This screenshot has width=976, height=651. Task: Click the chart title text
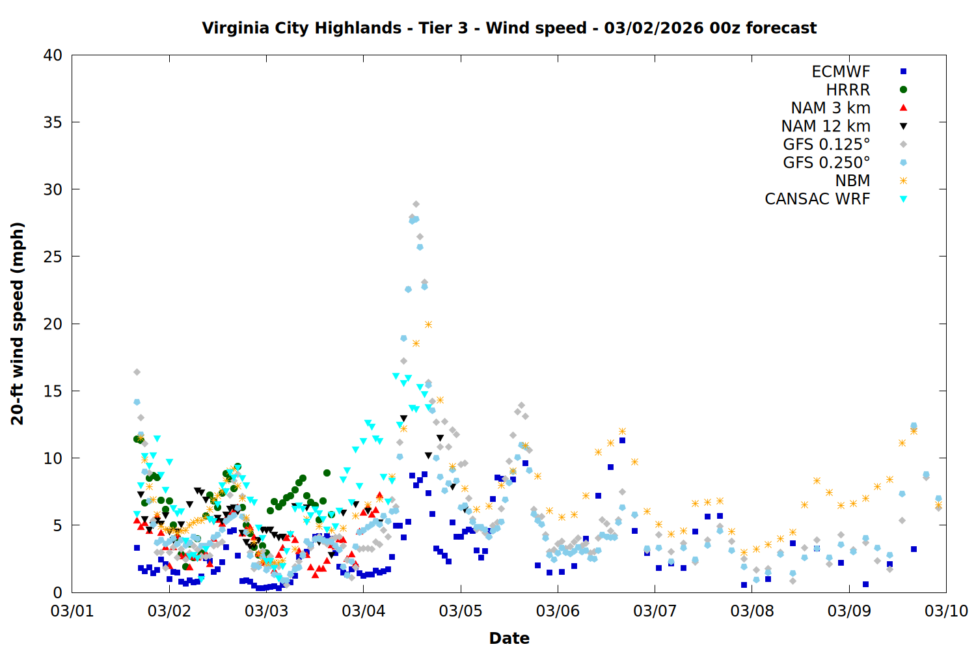click(x=509, y=28)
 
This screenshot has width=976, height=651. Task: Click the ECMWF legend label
click(x=841, y=72)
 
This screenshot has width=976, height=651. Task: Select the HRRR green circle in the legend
click(x=903, y=90)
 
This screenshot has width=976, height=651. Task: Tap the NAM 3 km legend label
click(x=830, y=108)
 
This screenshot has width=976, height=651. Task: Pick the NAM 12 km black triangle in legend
click(x=903, y=126)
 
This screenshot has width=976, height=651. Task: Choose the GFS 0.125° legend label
click(x=826, y=145)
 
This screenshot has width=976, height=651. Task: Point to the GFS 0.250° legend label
click(x=826, y=163)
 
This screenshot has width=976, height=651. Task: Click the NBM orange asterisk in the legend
click(x=903, y=181)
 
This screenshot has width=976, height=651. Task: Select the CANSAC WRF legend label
click(x=817, y=199)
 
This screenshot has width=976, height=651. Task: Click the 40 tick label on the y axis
click(x=53, y=55)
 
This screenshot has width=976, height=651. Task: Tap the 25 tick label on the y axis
click(x=53, y=256)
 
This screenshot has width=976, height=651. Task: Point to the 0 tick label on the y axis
click(x=58, y=592)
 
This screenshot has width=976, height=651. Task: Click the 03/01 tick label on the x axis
click(x=72, y=611)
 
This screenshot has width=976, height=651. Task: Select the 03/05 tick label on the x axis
click(x=461, y=611)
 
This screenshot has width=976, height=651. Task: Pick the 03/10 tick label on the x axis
click(x=946, y=611)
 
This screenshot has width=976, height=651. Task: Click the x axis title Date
click(x=509, y=638)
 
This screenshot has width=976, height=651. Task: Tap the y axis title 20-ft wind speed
click(x=18, y=324)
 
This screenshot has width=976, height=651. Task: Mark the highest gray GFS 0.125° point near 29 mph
click(x=416, y=204)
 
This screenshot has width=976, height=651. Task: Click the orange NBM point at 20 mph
click(x=428, y=324)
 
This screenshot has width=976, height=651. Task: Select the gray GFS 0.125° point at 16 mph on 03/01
click(x=137, y=372)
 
